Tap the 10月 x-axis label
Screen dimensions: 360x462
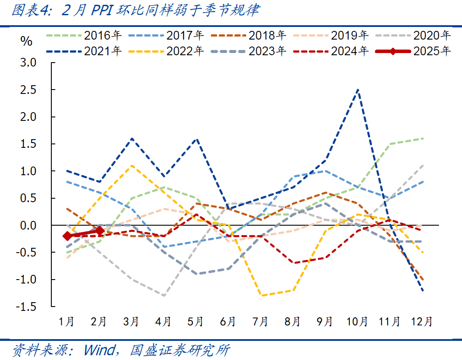(357, 322)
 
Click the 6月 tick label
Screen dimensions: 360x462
(228, 322)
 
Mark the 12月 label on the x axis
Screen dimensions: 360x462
(422, 322)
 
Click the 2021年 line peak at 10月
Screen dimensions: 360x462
(358, 90)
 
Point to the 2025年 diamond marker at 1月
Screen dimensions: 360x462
(67, 236)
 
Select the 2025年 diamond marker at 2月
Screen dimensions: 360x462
(100, 231)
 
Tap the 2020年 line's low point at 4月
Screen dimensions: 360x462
(164, 296)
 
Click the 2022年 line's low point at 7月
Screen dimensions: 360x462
(261, 296)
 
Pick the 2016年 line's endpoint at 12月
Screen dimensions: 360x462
(423, 139)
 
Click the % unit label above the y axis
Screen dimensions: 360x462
(27, 41)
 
